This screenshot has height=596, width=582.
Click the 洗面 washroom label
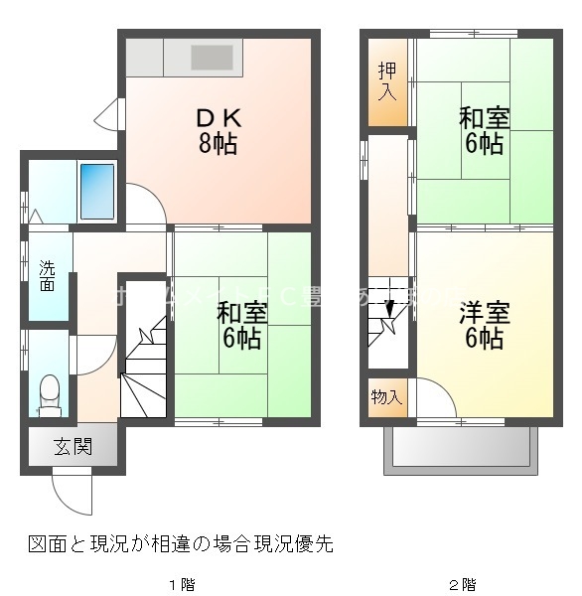[x=47, y=275]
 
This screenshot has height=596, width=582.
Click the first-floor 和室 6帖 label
[x=241, y=326]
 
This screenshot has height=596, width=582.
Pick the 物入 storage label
[x=386, y=398]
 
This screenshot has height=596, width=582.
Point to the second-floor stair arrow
[x=389, y=310]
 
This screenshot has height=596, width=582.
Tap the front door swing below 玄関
[x=72, y=489]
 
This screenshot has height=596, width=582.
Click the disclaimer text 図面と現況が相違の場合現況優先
[x=180, y=543]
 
